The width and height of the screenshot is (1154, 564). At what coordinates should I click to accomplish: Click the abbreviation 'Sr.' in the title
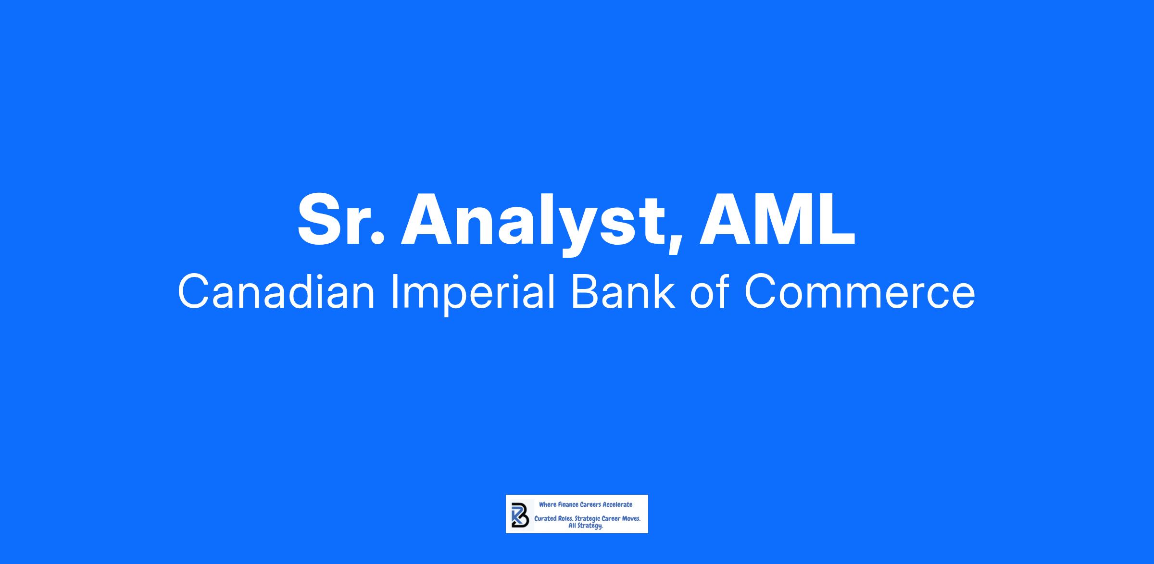pos(341,219)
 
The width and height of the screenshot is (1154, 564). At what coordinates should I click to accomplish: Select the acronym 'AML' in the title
pos(777,219)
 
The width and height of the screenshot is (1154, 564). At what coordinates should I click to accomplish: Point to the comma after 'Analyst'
pos(674,242)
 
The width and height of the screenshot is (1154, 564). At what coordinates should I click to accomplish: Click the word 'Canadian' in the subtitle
pos(276,292)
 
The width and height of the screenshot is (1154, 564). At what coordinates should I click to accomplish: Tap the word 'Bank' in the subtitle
pos(623,292)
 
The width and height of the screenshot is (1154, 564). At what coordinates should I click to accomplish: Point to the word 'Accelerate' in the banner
pos(617,504)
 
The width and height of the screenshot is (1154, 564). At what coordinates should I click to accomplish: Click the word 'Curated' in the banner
pos(544,519)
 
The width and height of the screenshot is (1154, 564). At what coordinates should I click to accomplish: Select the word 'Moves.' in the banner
pos(630,519)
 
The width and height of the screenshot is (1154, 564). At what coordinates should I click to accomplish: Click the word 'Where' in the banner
pos(548,504)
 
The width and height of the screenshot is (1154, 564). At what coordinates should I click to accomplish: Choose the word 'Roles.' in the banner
pos(565,519)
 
